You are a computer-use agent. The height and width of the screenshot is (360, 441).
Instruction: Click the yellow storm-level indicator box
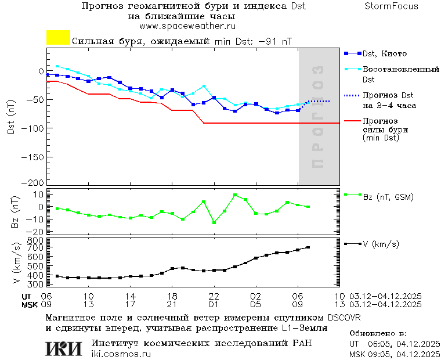point(58,37)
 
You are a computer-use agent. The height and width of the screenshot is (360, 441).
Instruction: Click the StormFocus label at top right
point(391,6)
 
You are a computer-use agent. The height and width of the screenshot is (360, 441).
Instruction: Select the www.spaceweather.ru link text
point(187,26)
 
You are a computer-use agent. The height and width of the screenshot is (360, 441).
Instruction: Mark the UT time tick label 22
point(214,296)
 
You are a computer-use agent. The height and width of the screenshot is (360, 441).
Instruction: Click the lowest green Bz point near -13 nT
point(214,222)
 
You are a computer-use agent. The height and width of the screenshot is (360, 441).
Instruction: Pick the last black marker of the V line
point(308,247)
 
